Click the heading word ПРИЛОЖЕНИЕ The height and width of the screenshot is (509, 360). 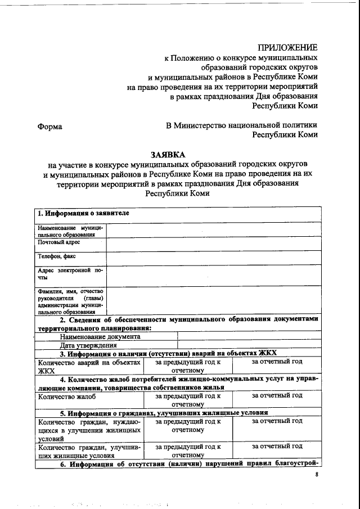287,47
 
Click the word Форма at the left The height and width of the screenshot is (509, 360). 49,127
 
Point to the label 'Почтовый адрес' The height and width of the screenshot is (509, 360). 58,242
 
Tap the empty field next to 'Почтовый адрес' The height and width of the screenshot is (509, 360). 214,244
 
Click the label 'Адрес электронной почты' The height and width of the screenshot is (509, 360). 70,274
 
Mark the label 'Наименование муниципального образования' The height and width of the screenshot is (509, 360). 70,231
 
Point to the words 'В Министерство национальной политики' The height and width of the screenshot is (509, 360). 242,125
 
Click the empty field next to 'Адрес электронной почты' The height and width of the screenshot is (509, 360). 214,276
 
